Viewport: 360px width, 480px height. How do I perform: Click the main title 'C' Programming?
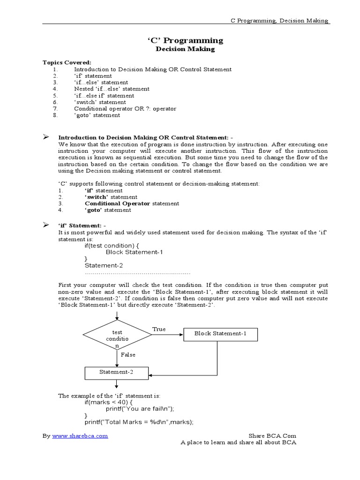(185, 40)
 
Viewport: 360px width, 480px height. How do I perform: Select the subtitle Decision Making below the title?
(185, 49)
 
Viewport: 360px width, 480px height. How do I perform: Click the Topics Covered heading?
(67, 62)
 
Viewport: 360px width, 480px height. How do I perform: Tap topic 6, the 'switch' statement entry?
(100, 102)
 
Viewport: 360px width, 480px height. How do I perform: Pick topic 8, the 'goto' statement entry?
(97, 115)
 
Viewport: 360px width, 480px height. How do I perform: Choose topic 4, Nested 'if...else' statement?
(112, 89)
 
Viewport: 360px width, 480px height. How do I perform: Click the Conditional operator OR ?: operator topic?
(125, 108)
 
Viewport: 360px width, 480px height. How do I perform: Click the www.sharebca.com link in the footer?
(80, 435)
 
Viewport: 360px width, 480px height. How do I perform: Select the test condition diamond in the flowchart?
(117, 335)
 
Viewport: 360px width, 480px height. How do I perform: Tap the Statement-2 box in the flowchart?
(117, 372)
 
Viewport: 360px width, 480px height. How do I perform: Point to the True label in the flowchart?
(159, 329)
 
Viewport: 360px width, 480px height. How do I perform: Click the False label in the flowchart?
(128, 355)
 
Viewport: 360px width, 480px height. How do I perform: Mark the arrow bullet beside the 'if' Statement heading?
(46, 225)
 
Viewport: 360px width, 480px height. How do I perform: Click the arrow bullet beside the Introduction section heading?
(46, 136)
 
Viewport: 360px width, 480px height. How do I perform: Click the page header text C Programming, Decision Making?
(280, 21)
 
